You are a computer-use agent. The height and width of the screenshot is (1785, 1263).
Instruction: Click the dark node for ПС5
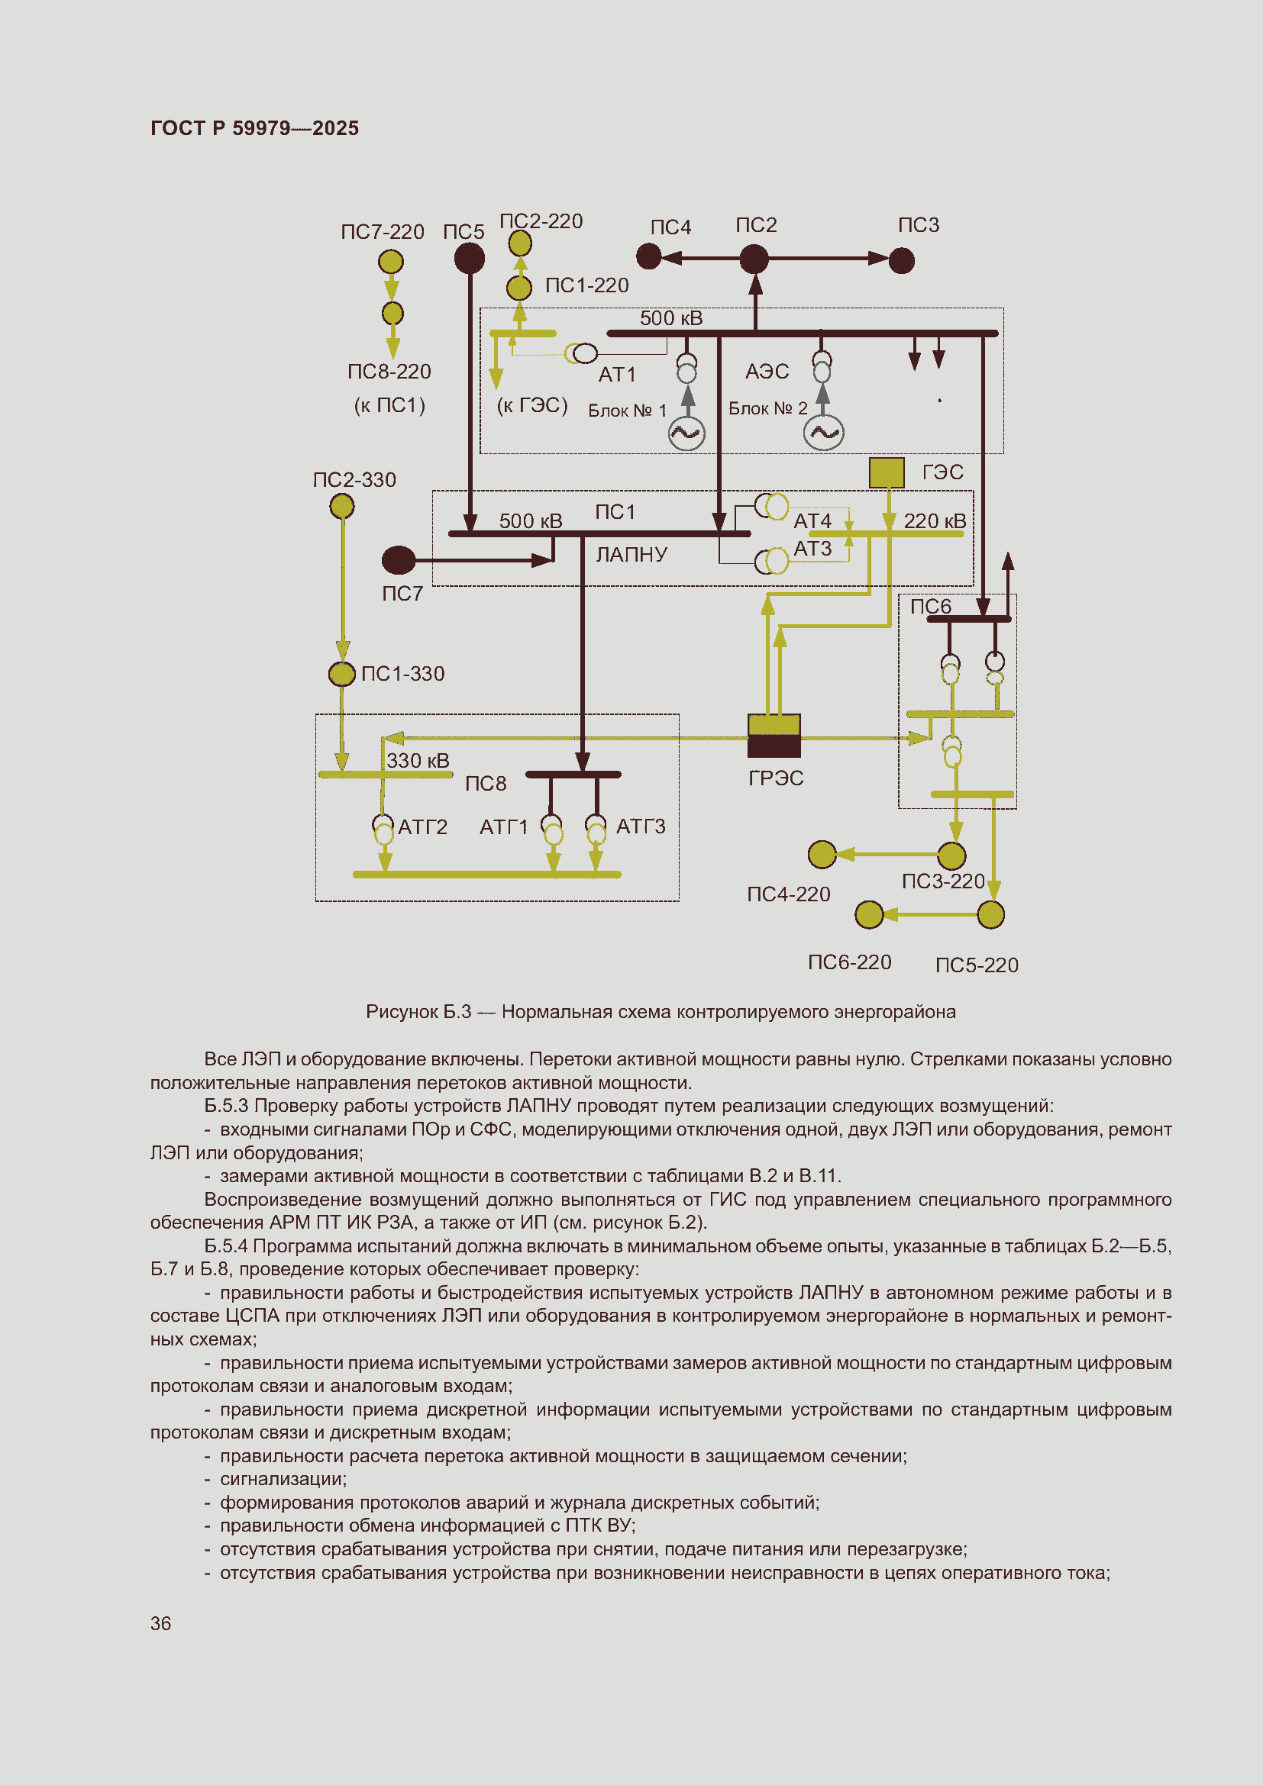click(x=469, y=258)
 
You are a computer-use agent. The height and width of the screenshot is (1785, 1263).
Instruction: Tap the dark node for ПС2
click(x=754, y=259)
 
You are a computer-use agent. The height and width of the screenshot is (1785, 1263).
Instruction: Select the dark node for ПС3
click(x=901, y=260)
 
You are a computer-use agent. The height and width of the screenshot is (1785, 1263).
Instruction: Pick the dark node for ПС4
click(x=648, y=256)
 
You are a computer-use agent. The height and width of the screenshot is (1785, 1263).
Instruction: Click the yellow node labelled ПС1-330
click(x=342, y=673)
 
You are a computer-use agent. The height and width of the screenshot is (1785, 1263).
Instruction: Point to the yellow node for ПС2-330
click(x=342, y=507)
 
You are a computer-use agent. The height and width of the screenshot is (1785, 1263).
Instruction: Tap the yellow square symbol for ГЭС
click(x=886, y=472)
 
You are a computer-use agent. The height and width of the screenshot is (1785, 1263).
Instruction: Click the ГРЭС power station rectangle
click(x=774, y=736)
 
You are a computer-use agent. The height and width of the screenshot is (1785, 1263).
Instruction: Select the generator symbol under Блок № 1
click(x=686, y=433)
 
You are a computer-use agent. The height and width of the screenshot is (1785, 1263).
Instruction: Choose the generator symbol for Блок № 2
click(x=824, y=433)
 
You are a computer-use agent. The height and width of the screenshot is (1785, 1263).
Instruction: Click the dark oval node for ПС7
click(x=399, y=559)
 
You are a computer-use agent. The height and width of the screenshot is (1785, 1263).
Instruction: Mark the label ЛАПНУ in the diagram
click(x=631, y=554)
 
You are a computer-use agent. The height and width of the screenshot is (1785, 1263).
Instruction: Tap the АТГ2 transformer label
click(x=422, y=826)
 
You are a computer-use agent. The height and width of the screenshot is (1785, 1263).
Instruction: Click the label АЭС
click(x=767, y=372)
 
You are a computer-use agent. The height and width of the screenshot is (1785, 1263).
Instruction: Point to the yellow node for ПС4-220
click(x=822, y=855)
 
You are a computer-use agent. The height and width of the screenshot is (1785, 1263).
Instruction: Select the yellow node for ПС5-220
click(x=991, y=914)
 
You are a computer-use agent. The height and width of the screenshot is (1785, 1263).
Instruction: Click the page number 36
click(x=161, y=1623)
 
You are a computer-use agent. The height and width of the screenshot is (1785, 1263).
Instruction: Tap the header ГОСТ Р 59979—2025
click(x=254, y=128)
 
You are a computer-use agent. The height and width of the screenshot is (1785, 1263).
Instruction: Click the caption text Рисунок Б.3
click(x=418, y=1011)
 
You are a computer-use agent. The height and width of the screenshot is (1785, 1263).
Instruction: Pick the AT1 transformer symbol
click(x=583, y=354)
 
